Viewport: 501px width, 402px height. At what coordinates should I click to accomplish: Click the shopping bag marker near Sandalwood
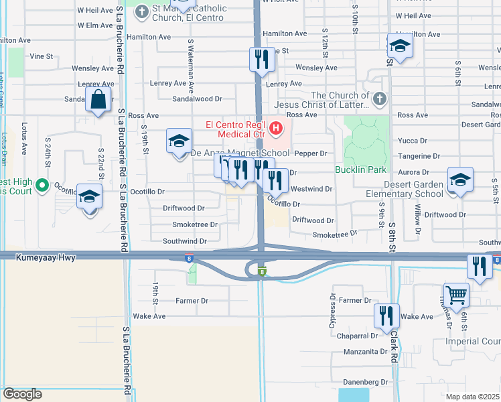pos(98,100)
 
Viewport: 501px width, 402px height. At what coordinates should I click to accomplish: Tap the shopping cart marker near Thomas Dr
pos(456,294)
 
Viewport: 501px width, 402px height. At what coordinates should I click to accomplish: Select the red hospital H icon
pos(274,126)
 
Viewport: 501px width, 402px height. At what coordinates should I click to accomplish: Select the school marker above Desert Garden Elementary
pos(460,179)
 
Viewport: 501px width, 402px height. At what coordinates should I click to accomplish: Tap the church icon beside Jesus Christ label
pos(379,100)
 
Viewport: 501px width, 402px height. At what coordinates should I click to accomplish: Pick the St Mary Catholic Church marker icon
pos(141,11)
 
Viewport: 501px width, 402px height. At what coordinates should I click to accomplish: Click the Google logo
pos(21,394)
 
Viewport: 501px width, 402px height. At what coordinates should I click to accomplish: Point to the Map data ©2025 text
pos(473,397)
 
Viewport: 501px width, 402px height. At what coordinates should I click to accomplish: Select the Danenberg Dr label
pos(367,382)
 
